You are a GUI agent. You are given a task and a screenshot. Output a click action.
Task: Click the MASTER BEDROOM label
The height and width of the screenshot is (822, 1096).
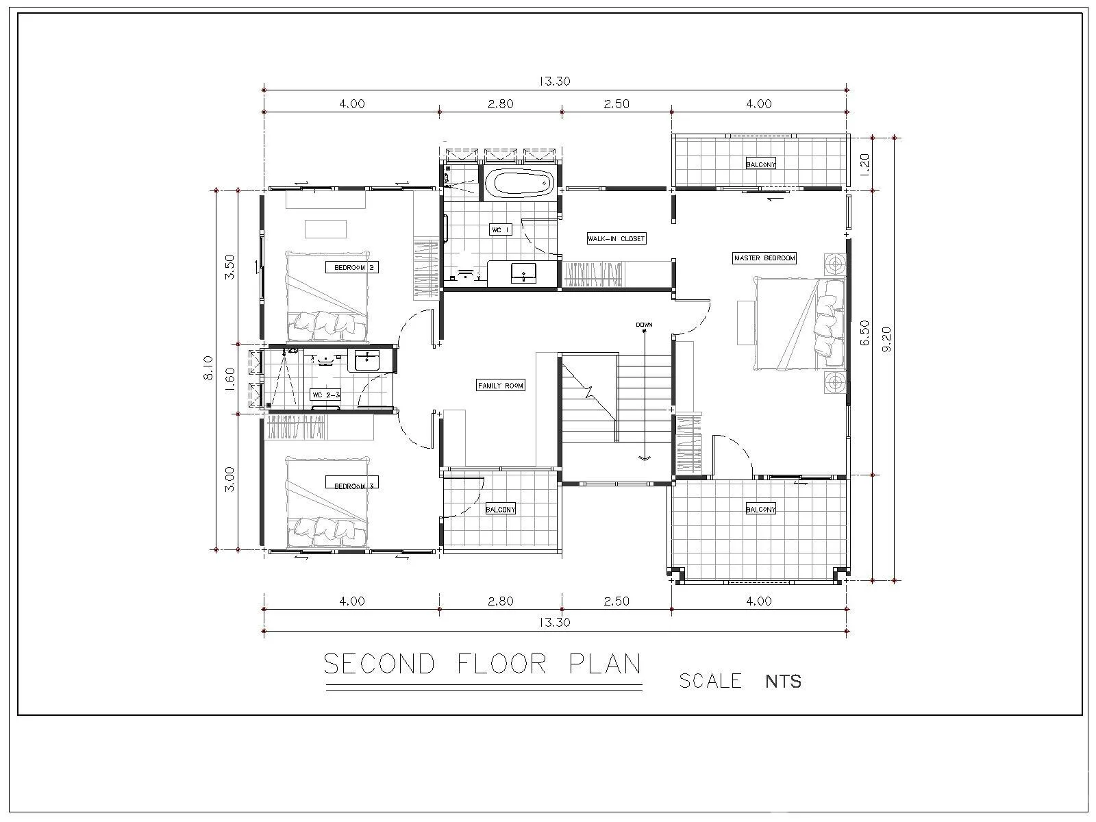tap(764, 258)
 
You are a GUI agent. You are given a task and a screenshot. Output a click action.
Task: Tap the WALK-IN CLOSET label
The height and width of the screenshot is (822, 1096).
tap(616, 238)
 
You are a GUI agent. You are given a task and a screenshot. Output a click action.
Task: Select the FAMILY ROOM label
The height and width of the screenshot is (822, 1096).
tap(500, 385)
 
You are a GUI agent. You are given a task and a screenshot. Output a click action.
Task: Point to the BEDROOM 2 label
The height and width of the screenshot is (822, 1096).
tap(353, 268)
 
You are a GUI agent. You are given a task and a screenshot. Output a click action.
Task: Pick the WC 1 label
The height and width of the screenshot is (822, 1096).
tap(500, 229)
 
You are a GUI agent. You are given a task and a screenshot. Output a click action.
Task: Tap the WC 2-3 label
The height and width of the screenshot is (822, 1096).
tap(326, 395)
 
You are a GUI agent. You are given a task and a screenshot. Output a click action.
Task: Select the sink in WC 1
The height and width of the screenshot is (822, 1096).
tap(523, 273)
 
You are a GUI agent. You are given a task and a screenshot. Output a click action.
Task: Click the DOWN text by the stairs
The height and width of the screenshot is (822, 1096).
tap(644, 325)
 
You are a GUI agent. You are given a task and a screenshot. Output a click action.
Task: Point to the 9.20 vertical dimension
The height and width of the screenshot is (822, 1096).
tap(886, 339)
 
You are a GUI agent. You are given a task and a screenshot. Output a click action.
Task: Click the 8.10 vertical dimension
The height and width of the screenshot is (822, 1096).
tap(208, 367)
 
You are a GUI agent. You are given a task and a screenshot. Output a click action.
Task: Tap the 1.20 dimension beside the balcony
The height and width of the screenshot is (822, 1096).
tap(865, 164)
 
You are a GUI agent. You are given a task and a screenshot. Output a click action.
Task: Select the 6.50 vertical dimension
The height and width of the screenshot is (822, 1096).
tap(865, 332)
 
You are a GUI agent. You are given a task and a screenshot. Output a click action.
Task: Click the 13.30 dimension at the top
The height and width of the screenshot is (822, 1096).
tap(555, 81)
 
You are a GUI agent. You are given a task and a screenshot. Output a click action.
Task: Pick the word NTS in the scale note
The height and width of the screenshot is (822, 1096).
tap(784, 682)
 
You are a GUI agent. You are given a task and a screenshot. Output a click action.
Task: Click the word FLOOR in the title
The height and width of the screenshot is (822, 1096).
tap(502, 664)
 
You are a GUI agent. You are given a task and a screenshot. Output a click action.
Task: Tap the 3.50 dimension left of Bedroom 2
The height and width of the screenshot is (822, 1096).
tap(229, 267)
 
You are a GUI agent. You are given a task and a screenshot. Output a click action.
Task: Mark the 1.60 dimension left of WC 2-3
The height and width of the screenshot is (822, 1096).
tap(229, 379)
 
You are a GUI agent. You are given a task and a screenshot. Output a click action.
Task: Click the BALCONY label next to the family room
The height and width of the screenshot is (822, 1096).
tap(500, 510)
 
